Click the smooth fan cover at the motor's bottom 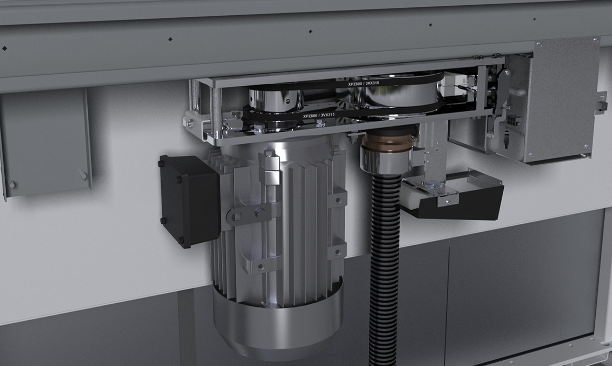278,319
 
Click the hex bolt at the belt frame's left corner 190,123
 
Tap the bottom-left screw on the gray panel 12,184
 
